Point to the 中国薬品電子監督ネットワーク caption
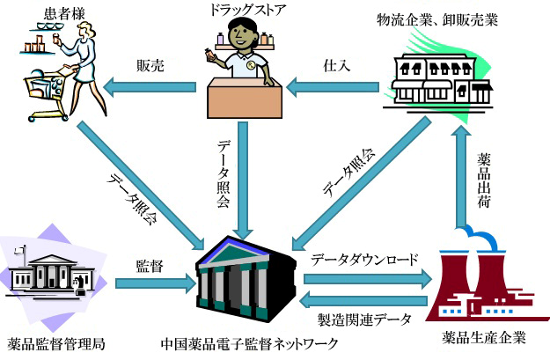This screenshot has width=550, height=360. coord(251,342)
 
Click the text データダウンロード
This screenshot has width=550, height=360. coord(364,261)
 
